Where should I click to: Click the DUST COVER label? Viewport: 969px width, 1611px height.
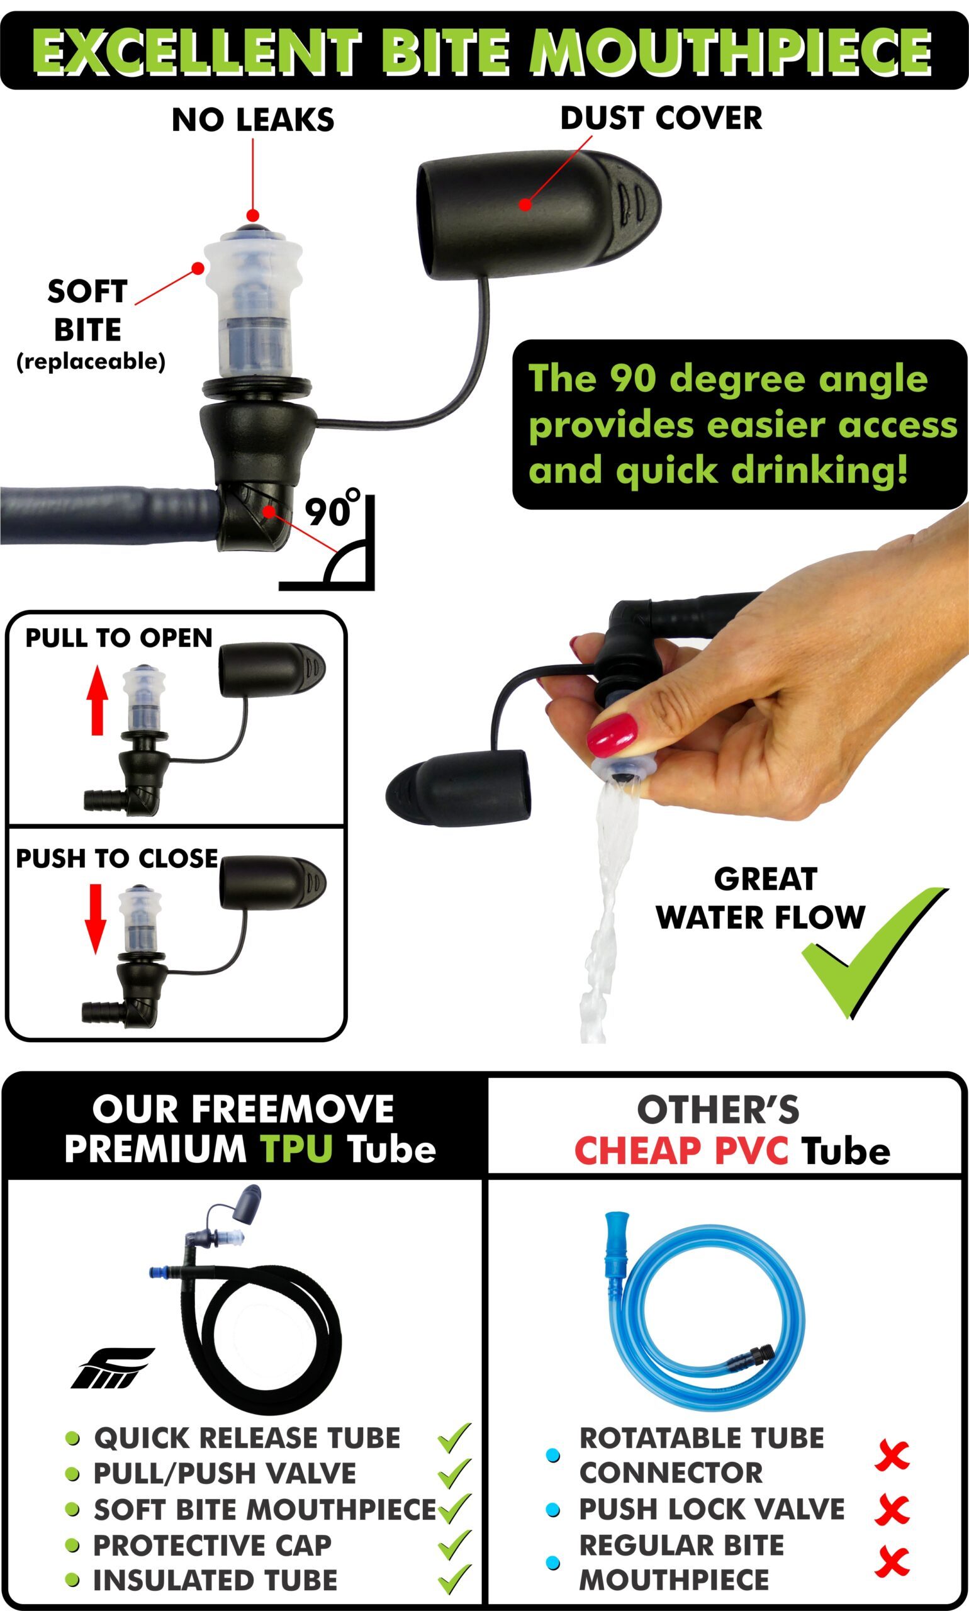tap(661, 118)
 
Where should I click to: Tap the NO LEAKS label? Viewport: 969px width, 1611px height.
tap(253, 120)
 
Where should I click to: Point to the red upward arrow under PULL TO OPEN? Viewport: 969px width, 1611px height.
tap(98, 699)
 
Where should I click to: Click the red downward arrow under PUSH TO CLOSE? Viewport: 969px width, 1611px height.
tap(96, 918)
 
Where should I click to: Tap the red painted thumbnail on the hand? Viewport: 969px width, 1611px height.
tap(612, 734)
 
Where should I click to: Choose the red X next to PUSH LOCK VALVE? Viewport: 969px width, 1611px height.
tap(893, 1508)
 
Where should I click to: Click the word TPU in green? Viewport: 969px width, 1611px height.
tap(296, 1148)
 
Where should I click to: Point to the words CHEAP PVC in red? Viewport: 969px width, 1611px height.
tap(681, 1150)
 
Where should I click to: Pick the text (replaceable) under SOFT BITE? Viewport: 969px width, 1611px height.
tap(91, 361)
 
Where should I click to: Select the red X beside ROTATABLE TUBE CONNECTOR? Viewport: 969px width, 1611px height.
tap(893, 1454)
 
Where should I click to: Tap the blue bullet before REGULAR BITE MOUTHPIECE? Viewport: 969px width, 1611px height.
tap(552, 1562)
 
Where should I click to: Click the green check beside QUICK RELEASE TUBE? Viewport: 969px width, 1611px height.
tap(454, 1437)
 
